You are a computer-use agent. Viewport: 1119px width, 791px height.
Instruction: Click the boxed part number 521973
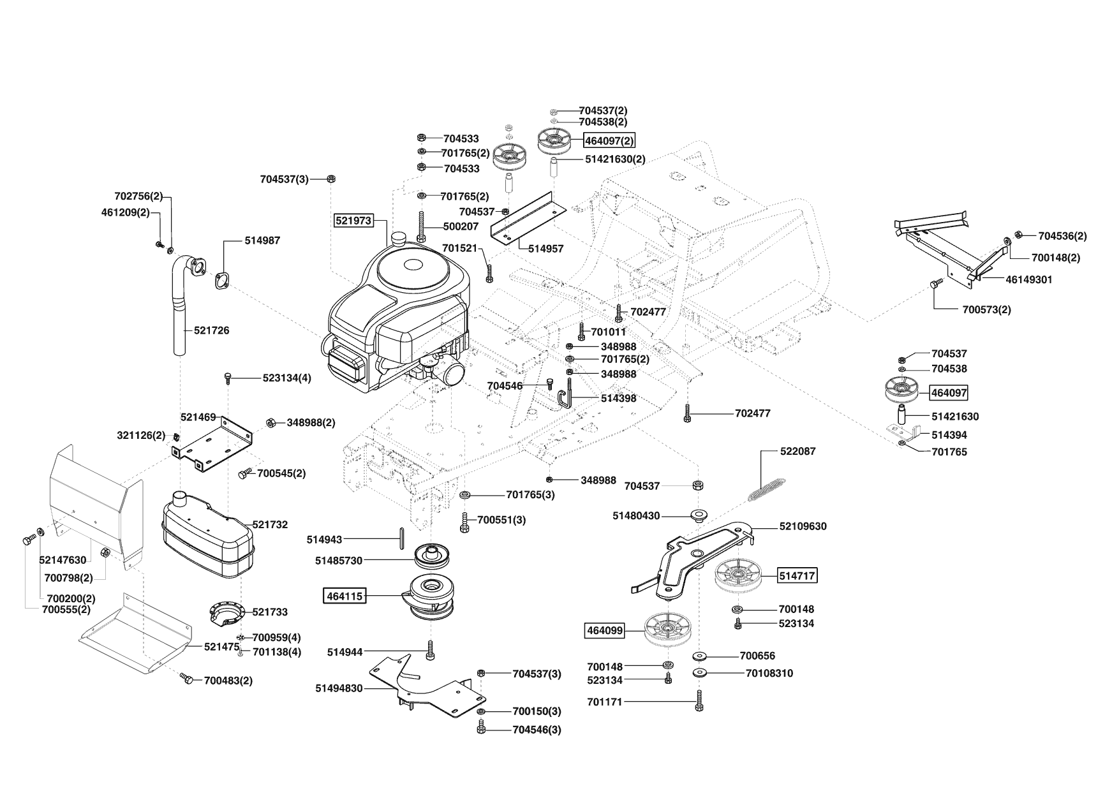click(353, 220)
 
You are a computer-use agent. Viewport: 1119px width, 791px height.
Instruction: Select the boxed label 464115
click(345, 596)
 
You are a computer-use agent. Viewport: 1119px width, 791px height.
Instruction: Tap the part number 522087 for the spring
click(797, 451)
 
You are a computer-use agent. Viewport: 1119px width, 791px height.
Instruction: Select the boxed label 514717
click(797, 576)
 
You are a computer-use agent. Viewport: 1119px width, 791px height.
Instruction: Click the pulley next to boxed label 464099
click(669, 630)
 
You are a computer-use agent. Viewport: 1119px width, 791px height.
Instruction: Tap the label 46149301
click(1029, 279)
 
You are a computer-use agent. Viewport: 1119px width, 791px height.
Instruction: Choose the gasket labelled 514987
click(223, 281)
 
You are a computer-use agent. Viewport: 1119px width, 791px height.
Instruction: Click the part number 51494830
click(339, 688)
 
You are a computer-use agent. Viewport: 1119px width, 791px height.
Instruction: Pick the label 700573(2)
click(986, 309)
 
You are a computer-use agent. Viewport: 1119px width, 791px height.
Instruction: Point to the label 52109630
click(803, 526)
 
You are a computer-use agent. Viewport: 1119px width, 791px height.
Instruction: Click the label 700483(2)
click(228, 681)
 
